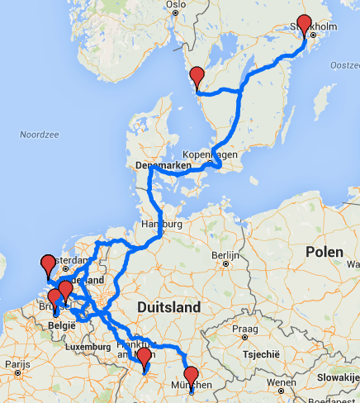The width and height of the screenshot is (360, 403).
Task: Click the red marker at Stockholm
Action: [x=305, y=25]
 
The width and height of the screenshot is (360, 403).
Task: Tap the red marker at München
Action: [x=192, y=376]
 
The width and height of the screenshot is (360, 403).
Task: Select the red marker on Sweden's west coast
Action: [x=197, y=78]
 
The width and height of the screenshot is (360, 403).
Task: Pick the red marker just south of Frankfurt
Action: [x=144, y=358]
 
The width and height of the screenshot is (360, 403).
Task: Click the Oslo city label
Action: [x=175, y=4]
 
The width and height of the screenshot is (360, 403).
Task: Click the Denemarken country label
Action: [x=163, y=165]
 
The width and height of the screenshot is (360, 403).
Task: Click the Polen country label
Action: [x=323, y=251]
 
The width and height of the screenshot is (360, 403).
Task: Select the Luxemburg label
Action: [x=82, y=348]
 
